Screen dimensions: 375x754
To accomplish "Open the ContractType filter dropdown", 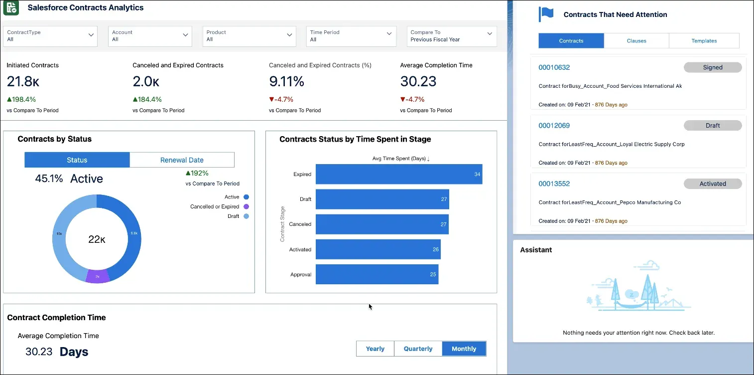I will click(50, 36).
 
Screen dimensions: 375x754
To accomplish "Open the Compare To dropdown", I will click(451, 36).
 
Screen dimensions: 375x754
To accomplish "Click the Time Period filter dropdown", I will click(351, 36).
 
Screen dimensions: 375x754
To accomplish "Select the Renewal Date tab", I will click(182, 160).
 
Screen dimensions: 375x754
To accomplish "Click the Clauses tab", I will click(636, 41).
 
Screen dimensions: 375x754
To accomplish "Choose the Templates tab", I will click(704, 41).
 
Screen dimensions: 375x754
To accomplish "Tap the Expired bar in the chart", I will click(398, 174).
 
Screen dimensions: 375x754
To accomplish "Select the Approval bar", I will click(377, 274).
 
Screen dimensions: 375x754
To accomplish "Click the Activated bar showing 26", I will click(377, 249).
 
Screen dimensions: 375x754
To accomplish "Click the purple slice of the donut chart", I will click(98, 276).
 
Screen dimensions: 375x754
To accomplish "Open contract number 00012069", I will click(554, 126).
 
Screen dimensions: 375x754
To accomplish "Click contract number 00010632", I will click(554, 67).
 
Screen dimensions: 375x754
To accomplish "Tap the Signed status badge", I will click(712, 67).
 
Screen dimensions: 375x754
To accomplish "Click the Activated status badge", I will click(712, 184).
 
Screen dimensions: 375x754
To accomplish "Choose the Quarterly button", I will click(418, 349).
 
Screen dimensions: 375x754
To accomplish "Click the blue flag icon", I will click(546, 14).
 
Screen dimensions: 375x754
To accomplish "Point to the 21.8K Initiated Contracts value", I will click(23, 81).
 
